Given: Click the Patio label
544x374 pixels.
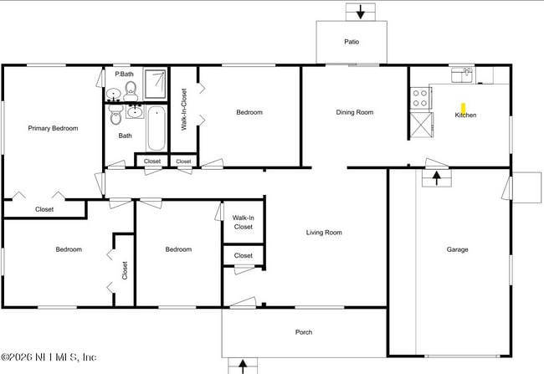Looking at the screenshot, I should pyautogui.click(x=352, y=41).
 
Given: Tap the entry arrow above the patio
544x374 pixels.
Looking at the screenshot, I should pyautogui.click(x=361, y=12).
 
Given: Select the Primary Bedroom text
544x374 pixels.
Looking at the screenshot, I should pyautogui.click(x=53, y=128).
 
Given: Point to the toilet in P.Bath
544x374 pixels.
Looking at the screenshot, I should pyautogui.click(x=130, y=90).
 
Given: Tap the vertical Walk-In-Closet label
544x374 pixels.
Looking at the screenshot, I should pyautogui.click(x=184, y=109).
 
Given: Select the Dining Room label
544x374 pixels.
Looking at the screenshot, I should pyautogui.click(x=354, y=112).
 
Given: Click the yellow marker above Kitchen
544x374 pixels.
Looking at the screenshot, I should pyautogui.click(x=464, y=107).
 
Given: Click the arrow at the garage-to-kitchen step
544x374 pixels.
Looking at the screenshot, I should pyautogui.click(x=436, y=177).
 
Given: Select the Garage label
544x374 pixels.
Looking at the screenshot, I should pyautogui.click(x=457, y=249).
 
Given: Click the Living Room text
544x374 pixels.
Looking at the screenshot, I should pyautogui.click(x=324, y=233).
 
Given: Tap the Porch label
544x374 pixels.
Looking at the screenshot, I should pyautogui.click(x=304, y=332).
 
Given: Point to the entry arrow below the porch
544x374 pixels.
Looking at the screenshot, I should pyautogui.click(x=244, y=366).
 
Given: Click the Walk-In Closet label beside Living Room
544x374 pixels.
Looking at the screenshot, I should pyautogui.click(x=243, y=222).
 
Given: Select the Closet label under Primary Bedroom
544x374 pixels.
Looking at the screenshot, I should pyautogui.click(x=44, y=209).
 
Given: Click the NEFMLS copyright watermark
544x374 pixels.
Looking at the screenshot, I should pyautogui.click(x=49, y=357).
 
